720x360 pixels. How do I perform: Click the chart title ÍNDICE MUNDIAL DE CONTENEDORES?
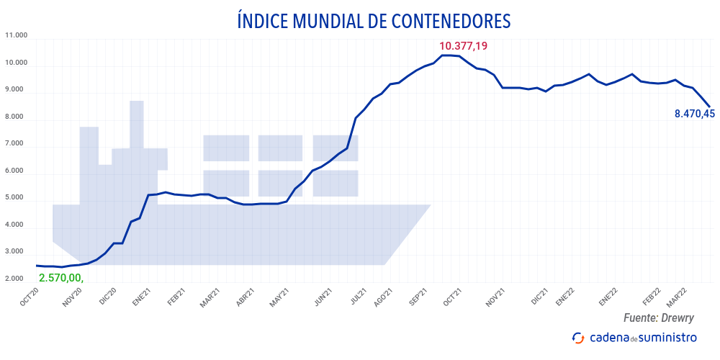click(x=374, y=21)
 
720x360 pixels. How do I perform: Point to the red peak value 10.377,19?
click(x=463, y=46)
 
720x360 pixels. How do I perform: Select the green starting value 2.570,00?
click(x=61, y=278)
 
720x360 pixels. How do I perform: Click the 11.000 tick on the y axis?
click(x=16, y=35)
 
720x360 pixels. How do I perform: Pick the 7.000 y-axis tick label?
click(x=16, y=143)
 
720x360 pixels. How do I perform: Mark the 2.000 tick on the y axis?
click(x=16, y=279)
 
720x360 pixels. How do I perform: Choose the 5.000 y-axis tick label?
click(x=16, y=197)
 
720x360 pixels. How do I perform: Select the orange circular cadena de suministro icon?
click(x=577, y=338)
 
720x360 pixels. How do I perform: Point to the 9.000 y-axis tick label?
click(x=16, y=89)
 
